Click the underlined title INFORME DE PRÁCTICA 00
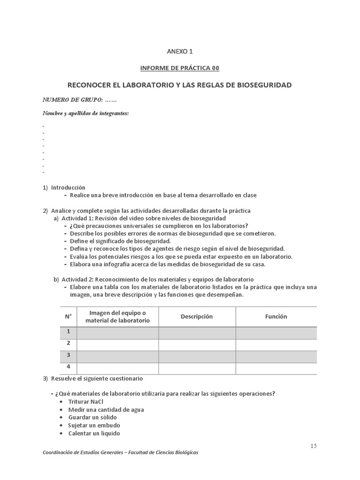180,68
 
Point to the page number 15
313,446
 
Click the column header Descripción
197,316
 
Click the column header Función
276,316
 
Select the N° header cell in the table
68,316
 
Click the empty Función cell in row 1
276,332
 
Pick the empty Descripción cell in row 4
197,368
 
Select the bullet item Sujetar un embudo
94,425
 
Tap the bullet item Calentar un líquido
94,433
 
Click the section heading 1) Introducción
68,187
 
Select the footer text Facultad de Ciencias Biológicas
159,452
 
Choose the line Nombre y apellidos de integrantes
86,113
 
